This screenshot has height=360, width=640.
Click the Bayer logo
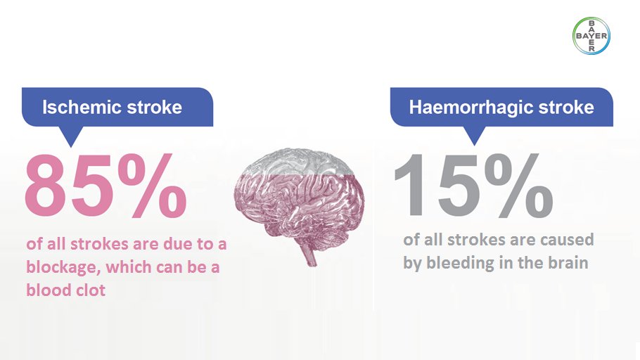pos(592,35)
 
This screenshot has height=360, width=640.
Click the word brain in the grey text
pos(568,264)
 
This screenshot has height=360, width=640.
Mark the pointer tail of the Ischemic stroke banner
pos(70,135)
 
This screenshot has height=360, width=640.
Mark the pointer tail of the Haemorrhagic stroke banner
pos(474,136)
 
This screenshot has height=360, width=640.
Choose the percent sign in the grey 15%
pos(517,184)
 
